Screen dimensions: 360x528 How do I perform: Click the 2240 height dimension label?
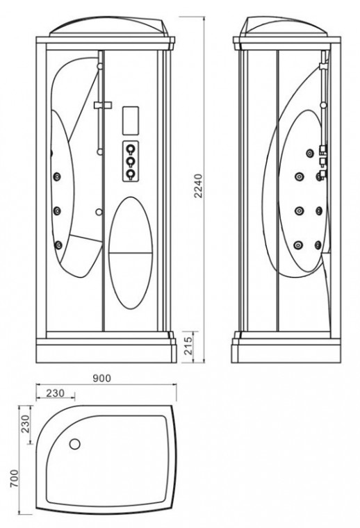click(x=199, y=185)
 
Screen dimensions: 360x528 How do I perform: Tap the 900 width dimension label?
click(x=101, y=379)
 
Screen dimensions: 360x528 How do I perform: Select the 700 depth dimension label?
click(x=14, y=479)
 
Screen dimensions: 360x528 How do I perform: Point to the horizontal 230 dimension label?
click(x=55, y=393)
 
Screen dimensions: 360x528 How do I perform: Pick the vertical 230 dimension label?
click(x=26, y=424)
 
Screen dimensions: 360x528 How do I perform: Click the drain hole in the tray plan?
click(x=75, y=444)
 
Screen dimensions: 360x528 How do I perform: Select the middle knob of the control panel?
click(x=130, y=162)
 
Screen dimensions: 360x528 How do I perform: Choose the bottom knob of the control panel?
click(x=130, y=174)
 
